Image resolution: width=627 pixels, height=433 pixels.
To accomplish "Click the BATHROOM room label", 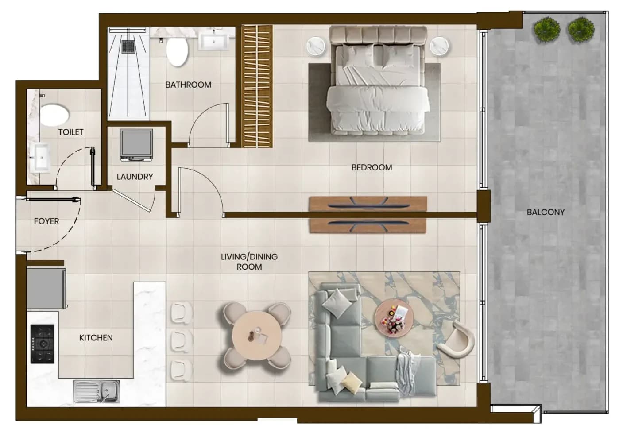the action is (x=188, y=85).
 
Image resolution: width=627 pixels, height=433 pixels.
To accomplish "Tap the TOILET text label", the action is (x=71, y=132).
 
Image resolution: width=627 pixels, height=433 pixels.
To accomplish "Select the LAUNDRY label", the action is (x=135, y=177).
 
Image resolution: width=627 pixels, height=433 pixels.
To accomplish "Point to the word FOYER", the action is (x=46, y=221).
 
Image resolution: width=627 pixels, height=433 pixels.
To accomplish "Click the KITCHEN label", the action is (x=96, y=338).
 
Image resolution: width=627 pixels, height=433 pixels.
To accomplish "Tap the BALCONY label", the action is (x=546, y=212).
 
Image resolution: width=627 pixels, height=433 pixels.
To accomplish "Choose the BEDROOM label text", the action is (x=372, y=167).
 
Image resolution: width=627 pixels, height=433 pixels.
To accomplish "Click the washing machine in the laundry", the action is (x=136, y=145).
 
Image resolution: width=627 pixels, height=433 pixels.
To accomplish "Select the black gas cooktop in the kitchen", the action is (x=42, y=344).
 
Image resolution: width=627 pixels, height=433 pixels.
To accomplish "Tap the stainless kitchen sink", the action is (x=97, y=391).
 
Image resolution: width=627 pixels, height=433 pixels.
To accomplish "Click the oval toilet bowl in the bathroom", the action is (x=177, y=52).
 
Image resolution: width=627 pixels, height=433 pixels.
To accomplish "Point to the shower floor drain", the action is (x=128, y=46).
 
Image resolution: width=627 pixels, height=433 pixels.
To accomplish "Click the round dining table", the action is (x=257, y=335).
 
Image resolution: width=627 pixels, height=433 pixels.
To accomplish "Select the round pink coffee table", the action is (x=394, y=321).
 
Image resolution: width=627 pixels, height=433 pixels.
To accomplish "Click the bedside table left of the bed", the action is (x=316, y=46).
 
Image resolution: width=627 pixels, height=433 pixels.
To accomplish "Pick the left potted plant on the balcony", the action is (x=547, y=30).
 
